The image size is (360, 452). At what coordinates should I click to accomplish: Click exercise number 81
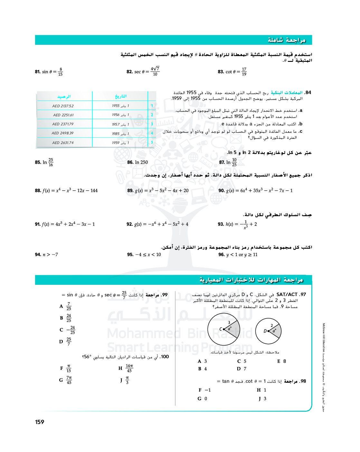click(38, 72)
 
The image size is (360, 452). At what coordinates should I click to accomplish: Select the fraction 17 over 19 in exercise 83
click(244, 72)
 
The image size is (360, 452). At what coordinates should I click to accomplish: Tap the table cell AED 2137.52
click(63, 106)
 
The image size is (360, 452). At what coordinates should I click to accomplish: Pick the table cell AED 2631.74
click(63, 143)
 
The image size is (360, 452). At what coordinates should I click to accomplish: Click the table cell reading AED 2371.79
click(63, 124)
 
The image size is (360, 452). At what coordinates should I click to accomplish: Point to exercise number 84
click(308, 93)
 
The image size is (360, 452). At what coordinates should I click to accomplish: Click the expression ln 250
click(141, 162)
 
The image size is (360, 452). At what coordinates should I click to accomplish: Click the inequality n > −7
click(50, 255)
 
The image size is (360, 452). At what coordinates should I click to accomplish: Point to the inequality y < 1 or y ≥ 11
click(242, 255)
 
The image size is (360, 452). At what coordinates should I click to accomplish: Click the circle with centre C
click(224, 329)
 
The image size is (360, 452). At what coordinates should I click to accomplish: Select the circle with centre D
click(268, 331)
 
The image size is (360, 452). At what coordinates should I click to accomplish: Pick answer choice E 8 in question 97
click(282, 361)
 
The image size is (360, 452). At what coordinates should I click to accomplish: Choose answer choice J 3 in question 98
click(262, 399)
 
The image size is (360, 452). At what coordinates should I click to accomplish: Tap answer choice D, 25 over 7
click(66, 341)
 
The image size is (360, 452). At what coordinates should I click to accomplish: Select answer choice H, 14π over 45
click(126, 368)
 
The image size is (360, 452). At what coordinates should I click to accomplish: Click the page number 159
click(40, 422)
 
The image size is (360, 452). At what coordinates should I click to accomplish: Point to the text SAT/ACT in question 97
click(287, 294)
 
